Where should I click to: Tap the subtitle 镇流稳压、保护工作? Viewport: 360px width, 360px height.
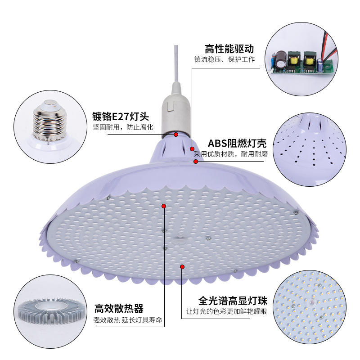pyautogui.click(x=225, y=59)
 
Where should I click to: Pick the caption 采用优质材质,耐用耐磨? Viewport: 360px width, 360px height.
pyautogui.click(x=231, y=154)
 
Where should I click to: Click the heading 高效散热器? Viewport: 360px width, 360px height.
pyautogui.click(x=119, y=309)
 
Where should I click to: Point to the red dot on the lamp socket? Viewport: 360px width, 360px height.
pyautogui.click(x=176, y=134)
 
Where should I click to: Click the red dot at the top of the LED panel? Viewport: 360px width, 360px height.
pyautogui.click(x=164, y=206)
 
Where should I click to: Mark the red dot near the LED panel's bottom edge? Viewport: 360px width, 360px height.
pyautogui.click(x=182, y=267)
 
